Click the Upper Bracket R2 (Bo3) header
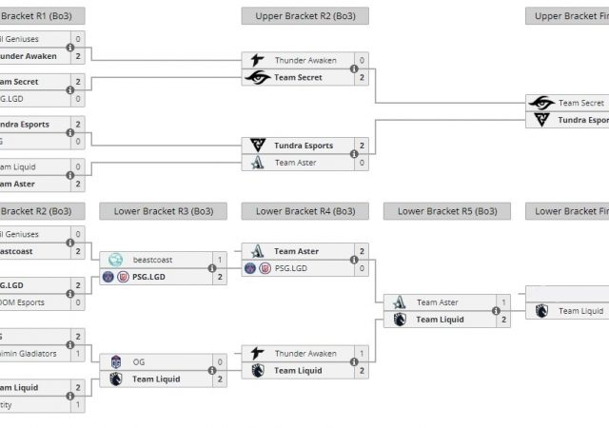(304, 16)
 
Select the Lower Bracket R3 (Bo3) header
(163, 211)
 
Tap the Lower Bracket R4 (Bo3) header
(304, 211)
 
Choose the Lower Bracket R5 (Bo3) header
(446, 211)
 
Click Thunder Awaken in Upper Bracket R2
(305, 60)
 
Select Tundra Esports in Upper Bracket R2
(304, 146)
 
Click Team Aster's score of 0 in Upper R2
(362, 163)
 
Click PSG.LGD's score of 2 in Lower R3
(220, 277)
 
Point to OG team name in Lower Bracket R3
(139, 361)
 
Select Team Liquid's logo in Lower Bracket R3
(116, 379)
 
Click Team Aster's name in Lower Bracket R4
(296, 251)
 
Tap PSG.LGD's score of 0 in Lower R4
(362, 268)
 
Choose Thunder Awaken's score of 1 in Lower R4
(362, 354)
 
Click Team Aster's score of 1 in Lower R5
(503, 302)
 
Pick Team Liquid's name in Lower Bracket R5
(441, 320)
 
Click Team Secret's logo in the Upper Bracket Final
(541, 103)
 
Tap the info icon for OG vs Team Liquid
(212, 371)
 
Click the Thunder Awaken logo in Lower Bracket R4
(257, 354)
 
